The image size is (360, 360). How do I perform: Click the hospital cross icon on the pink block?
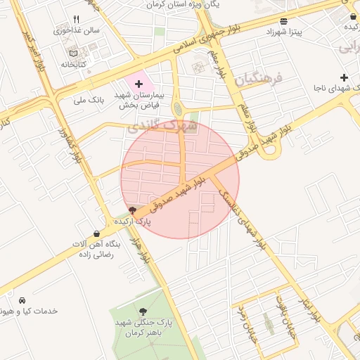click(139, 84)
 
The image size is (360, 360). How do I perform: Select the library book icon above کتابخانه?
click(74, 53)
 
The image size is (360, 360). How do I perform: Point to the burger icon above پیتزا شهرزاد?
click(283, 21)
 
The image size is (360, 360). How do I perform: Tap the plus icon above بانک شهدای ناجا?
click(343, 77)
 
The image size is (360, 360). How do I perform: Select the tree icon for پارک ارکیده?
click(133, 210)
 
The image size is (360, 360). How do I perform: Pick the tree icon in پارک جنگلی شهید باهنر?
click(144, 311)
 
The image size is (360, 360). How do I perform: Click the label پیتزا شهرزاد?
click(284, 32)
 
